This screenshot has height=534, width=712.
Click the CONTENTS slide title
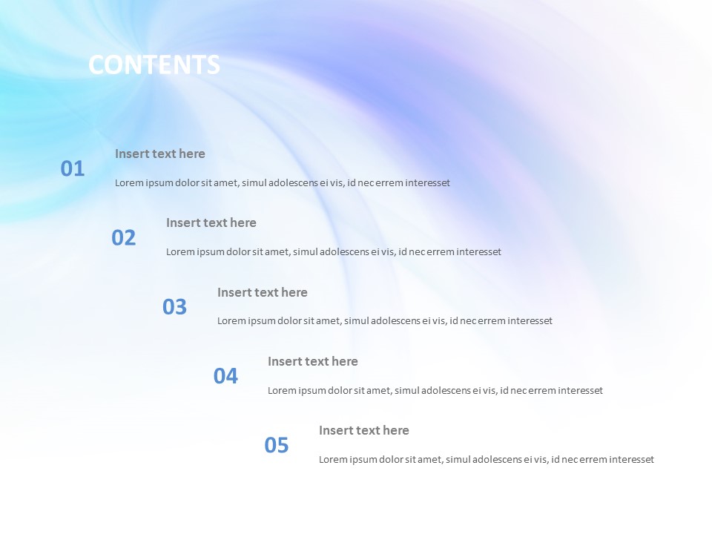click(154, 65)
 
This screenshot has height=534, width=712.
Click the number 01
click(73, 169)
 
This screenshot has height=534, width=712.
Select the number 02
click(124, 238)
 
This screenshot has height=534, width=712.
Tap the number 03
click(175, 307)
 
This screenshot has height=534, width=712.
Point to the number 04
click(225, 377)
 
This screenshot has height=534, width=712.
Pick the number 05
click(277, 446)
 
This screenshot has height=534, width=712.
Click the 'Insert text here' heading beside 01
click(160, 154)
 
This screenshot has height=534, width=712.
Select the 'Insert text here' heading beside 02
click(211, 223)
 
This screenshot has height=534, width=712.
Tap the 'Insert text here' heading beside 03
click(263, 293)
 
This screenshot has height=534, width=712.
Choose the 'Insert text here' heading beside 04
click(313, 362)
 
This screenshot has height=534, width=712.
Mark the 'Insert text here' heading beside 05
click(364, 431)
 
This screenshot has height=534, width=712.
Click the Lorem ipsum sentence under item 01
click(283, 183)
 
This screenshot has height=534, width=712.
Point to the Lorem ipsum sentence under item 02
click(334, 252)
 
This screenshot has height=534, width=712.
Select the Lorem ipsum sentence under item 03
click(385, 321)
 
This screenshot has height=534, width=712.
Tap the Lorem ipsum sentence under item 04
click(435, 391)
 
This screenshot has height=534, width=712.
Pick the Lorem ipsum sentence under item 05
click(487, 460)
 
